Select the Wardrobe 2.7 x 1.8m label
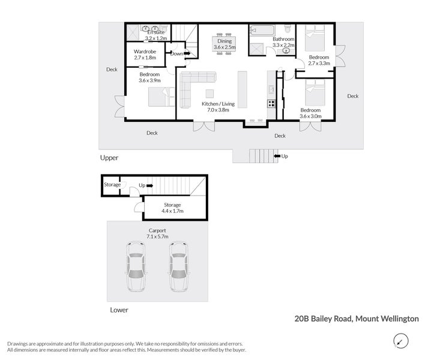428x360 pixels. pyautogui.click(x=145, y=55)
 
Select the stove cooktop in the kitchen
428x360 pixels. pyautogui.click(x=271, y=103)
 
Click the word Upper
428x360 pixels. pyautogui.click(x=109, y=158)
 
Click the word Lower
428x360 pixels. pyautogui.click(x=119, y=310)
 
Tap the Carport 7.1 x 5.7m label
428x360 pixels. pyautogui.click(x=157, y=233)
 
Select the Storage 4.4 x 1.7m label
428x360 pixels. pyautogui.click(x=172, y=208)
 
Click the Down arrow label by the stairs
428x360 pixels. pyautogui.click(x=177, y=53)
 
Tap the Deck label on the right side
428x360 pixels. pyautogui.click(x=352, y=96)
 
